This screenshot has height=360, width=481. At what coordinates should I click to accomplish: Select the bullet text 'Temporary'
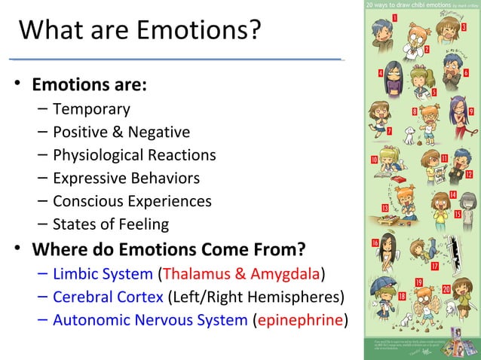[91, 109]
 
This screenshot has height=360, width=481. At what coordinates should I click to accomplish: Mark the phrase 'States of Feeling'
[111, 224]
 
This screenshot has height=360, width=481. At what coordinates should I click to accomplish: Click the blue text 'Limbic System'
[103, 272]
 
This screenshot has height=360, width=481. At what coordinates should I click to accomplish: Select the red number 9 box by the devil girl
[471, 111]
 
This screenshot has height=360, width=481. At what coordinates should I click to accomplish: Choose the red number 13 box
[385, 207]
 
